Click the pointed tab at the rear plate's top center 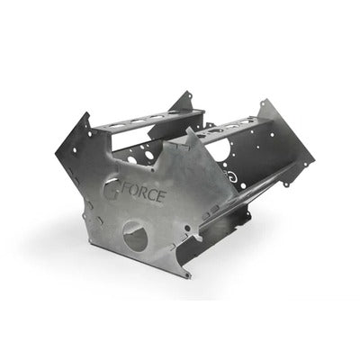[191, 93]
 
